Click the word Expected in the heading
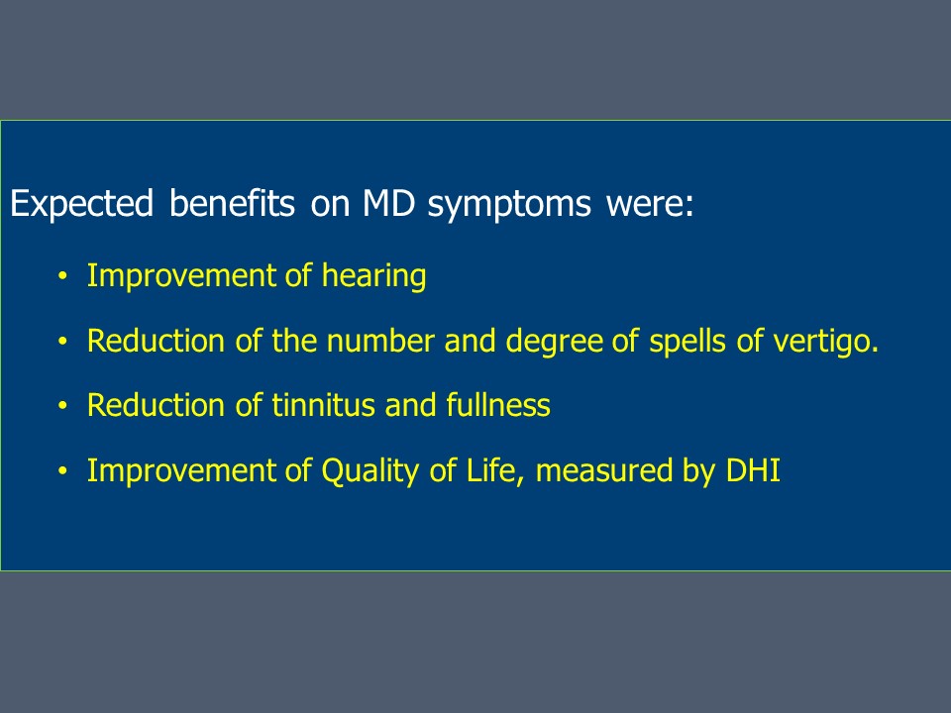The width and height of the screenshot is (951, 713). click(x=82, y=204)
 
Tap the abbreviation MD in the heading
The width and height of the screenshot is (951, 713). click(x=388, y=202)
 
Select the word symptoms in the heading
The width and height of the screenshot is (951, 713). click(x=509, y=205)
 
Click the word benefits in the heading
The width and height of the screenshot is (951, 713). click(x=232, y=202)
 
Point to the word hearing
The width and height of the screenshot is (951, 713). click(x=373, y=276)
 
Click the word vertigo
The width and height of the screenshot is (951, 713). click(x=825, y=342)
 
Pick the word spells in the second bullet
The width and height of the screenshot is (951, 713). click(x=687, y=342)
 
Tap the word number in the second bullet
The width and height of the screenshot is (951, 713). click(x=380, y=341)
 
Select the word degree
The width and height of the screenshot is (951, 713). click(x=554, y=342)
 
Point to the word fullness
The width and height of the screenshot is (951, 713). click(x=498, y=405)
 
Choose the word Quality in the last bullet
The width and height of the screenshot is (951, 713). click(x=370, y=471)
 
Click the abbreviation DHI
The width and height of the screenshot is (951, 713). click(x=753, y=470)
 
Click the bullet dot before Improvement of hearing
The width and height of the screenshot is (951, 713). click(x=62, y=276)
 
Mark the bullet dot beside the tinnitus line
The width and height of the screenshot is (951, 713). click(x=62, y=406)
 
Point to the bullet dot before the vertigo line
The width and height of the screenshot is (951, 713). click(x=62, y=342)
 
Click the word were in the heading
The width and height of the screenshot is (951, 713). click(x=650, y=204)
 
